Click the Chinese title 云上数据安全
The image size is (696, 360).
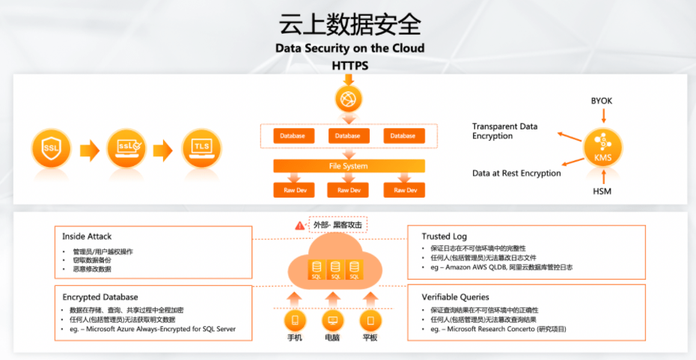pyautogui.click(x=349, y=23)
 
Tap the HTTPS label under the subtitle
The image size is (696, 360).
pyautogui.click(x=349, y=65)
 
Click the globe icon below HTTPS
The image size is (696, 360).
pyautogui.click(x=349, y=98)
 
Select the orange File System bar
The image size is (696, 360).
pyautogui.click(x=349, y=166)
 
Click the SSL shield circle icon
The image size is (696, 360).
pyautogui.click(x=52, y=149)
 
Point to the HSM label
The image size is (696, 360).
pyautogui.click(x=602, y=192)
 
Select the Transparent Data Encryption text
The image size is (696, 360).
pyautogui.click(x=504, y=132)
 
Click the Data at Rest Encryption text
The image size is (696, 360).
pyautogui.click(x=516, y=174)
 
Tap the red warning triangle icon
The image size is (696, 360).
pyautogui.click(x=300, y=225)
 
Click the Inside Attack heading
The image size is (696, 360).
pyautogui.click(x=88, y=237)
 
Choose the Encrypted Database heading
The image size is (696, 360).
pyautogui.click(x=100, y=297)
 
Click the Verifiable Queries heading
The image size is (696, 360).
pyautogui.click(x=456, y=297)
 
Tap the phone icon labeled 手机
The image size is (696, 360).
pyautogui.click(x=294, y=321)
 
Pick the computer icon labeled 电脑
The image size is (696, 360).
pyautogui.click(x=332, y=321)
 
